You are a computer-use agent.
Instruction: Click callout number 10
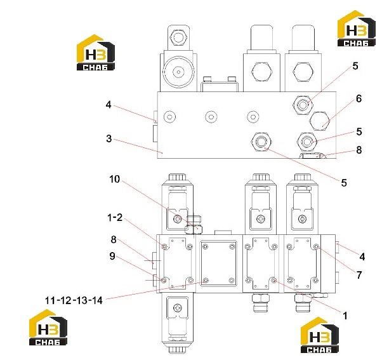pos(114,179)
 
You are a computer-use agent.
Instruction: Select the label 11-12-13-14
pos(74,300)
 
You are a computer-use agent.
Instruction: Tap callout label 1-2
pos(115,217)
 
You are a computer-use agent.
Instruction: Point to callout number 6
pos(359,98)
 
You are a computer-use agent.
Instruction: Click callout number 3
pos(109,138)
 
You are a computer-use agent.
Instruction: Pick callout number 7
pos(359,275)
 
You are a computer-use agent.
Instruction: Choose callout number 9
pos(112,256)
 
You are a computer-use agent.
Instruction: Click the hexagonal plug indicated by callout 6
pos(320,121)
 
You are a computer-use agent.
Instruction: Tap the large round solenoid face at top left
pos(178,72)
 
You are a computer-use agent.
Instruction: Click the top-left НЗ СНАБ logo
pos(95,53)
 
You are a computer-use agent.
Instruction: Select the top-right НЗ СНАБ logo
pos(356,29)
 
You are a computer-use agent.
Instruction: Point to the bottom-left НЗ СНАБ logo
pos(48,328)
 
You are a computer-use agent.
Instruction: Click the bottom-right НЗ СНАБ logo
pos(320,335)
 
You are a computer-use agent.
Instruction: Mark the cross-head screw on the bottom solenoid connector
pos(178,308)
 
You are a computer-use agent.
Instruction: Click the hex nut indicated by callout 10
pos(194,229)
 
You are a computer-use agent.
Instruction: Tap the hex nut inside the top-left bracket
pos(178,38)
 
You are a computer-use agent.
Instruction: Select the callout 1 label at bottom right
pos(345,316)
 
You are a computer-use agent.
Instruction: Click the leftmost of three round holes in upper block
pos(169,117)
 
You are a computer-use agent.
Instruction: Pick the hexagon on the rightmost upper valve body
pos(303,72)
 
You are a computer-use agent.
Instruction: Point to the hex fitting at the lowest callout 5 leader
pos(261,142)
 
